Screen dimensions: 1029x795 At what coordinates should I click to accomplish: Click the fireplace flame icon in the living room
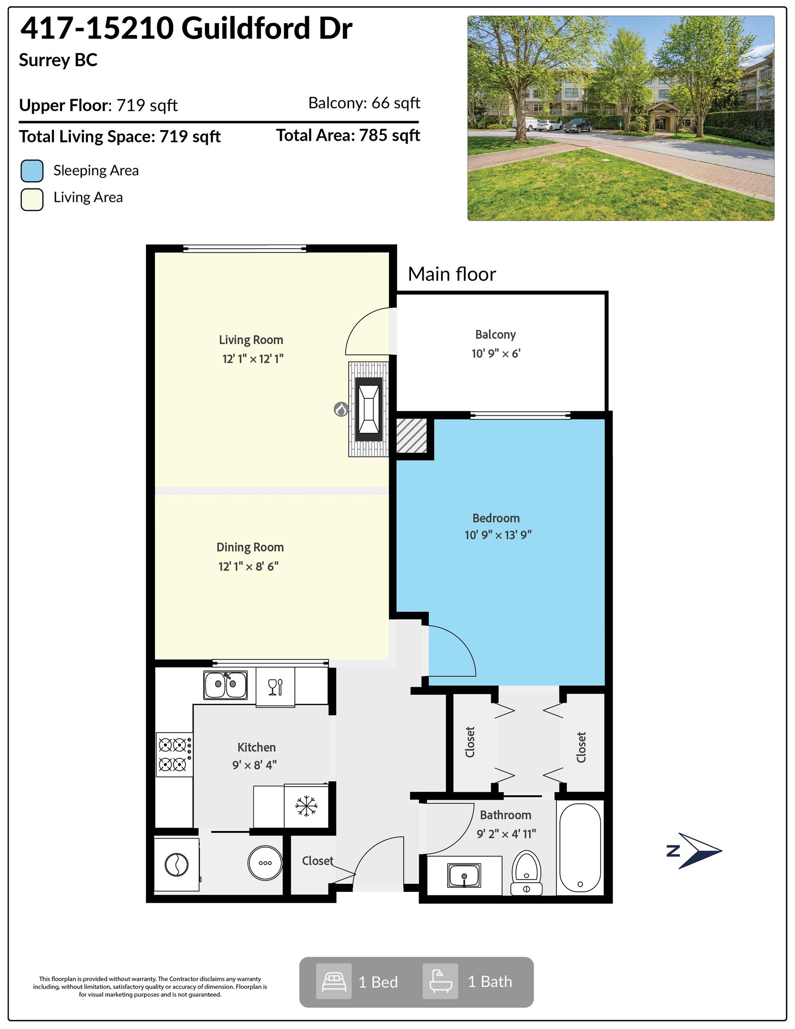click(x=341, y=410)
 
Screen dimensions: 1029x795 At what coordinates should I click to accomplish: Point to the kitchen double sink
click(x=225, y=685)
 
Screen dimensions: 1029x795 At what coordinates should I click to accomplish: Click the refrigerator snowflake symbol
click(x=306, y=806)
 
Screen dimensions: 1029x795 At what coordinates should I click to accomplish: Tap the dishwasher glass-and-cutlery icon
click(x=275, y=687)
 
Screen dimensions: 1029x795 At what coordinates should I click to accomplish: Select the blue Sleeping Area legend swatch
click(x=32, y=171)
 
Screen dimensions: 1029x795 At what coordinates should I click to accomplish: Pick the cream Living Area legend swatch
click(x=32, y=199)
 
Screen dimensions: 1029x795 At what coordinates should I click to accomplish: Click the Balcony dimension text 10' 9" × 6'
click(x=496, y=354)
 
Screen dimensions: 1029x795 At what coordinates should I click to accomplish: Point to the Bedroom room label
click(x=496, y=518)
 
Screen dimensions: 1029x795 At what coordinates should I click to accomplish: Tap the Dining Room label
click(x=250, y=548)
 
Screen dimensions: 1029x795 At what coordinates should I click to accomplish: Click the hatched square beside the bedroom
click(x=411, y=436)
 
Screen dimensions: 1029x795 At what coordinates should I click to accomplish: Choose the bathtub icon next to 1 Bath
click(x=440, y=981)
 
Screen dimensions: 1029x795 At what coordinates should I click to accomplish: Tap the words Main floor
click(x=452, y=274)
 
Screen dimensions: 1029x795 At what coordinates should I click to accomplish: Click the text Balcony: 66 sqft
click(x=364, y=103)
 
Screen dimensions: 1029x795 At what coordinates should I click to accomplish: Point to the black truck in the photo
click(x=577, y=125)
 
